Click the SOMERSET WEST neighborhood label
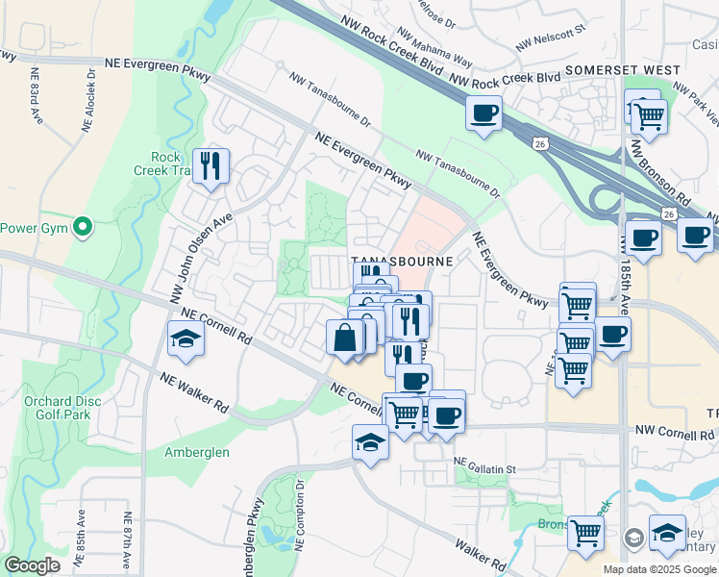pyautogui.click(x=623, y=70)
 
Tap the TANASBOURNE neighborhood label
pyautogui.click(x=401, y=261)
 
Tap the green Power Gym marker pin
pyautogui.click(x=84, y=228)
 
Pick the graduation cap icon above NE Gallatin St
pyautogui.click(x=369, y=443)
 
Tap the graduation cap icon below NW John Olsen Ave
pyautogui.click(x=186, y=339)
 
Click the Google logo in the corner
pyautogui.click(x=32, y=564)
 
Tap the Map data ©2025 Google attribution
pyautogui.click(x=658, y=569)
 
